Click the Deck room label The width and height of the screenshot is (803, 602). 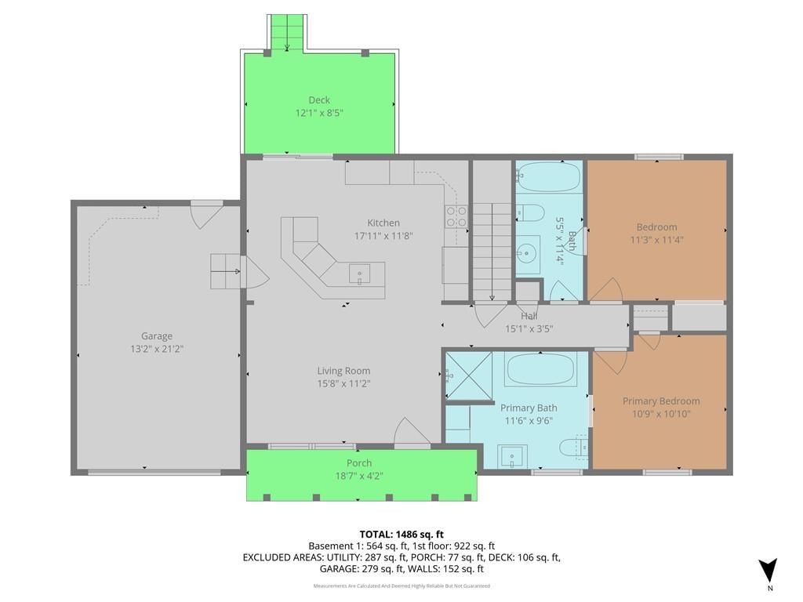pyautogui.click(x=319, y=100)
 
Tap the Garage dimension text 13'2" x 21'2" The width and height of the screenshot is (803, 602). pyautogui.click(x=157, y=349)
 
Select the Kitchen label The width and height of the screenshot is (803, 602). pyautogui.click(x=383, y=223)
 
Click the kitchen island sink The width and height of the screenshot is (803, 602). pyautogui.click(x=359, y=274)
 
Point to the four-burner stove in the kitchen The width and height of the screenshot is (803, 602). pyautogui.click(x=456, y=216)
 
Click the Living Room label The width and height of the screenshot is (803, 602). pyautogui.click(x=343, y=371)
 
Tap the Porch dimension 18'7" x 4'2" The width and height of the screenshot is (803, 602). pyautogui.click(x=359, y=476)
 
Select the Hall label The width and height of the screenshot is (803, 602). pyautogui.click(x=529, y=317)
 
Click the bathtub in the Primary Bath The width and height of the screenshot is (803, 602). pyautogui.click(x=540, y=368)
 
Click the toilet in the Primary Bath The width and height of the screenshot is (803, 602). pyautogui.click(x=573, y=448)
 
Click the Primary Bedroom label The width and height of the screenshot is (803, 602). pyautogui.click(x=661, y=401)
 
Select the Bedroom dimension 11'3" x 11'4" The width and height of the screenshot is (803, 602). pyautogui.click(x=656, y=240)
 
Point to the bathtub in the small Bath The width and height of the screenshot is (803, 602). pyautogui.click(x=548, y=176)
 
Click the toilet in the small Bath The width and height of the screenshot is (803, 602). pyautogui.click(x=529, y=212)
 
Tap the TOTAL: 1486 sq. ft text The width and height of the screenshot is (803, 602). pyautogui.click(x=401, y=535)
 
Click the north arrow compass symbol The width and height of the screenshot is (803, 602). pyautogui.click(x=768, y=571)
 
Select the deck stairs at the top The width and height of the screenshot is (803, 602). pyautogui.click(x=287, y=33)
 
